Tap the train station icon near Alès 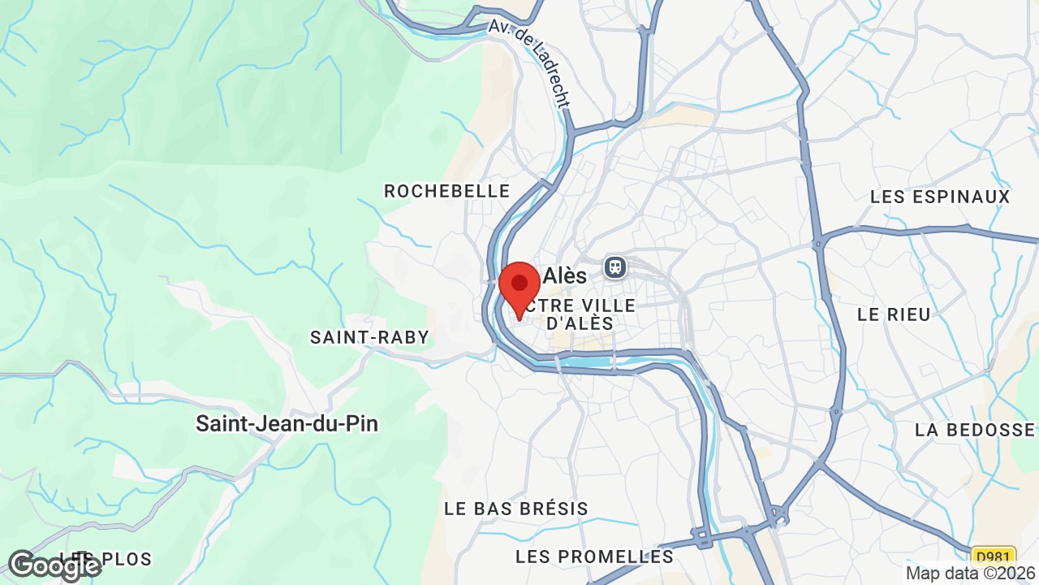pyautogui.click(x=615, y=266)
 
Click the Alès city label pyautogui.click(x=565, y=275)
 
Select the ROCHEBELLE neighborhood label pyautogui.click(x=447, y=191)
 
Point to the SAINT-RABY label pyautogui.click(x=369, y=337)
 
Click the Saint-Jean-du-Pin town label pyautogui.click(x=287, y=423)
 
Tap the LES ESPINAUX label pyautogui.click(x=940, y=197)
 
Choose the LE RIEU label pyautogui.click(x=894, y=314)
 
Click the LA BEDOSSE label pyautogui.click(x=975, y=430)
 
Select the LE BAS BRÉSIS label pyautogui.click(x=516, y=509)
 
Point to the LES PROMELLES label pyautogui.click(x=595, y=557)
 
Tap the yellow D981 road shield pyautogui.click(x=994, y=557)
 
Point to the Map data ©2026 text pyautogui.click(x=971, y=573)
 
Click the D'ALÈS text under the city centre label pyautogui.click(x=580, y=323)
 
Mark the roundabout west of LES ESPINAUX pyautogui.click(x=819, y=241)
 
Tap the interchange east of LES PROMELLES pyautogui.click(x=779, y=517)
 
